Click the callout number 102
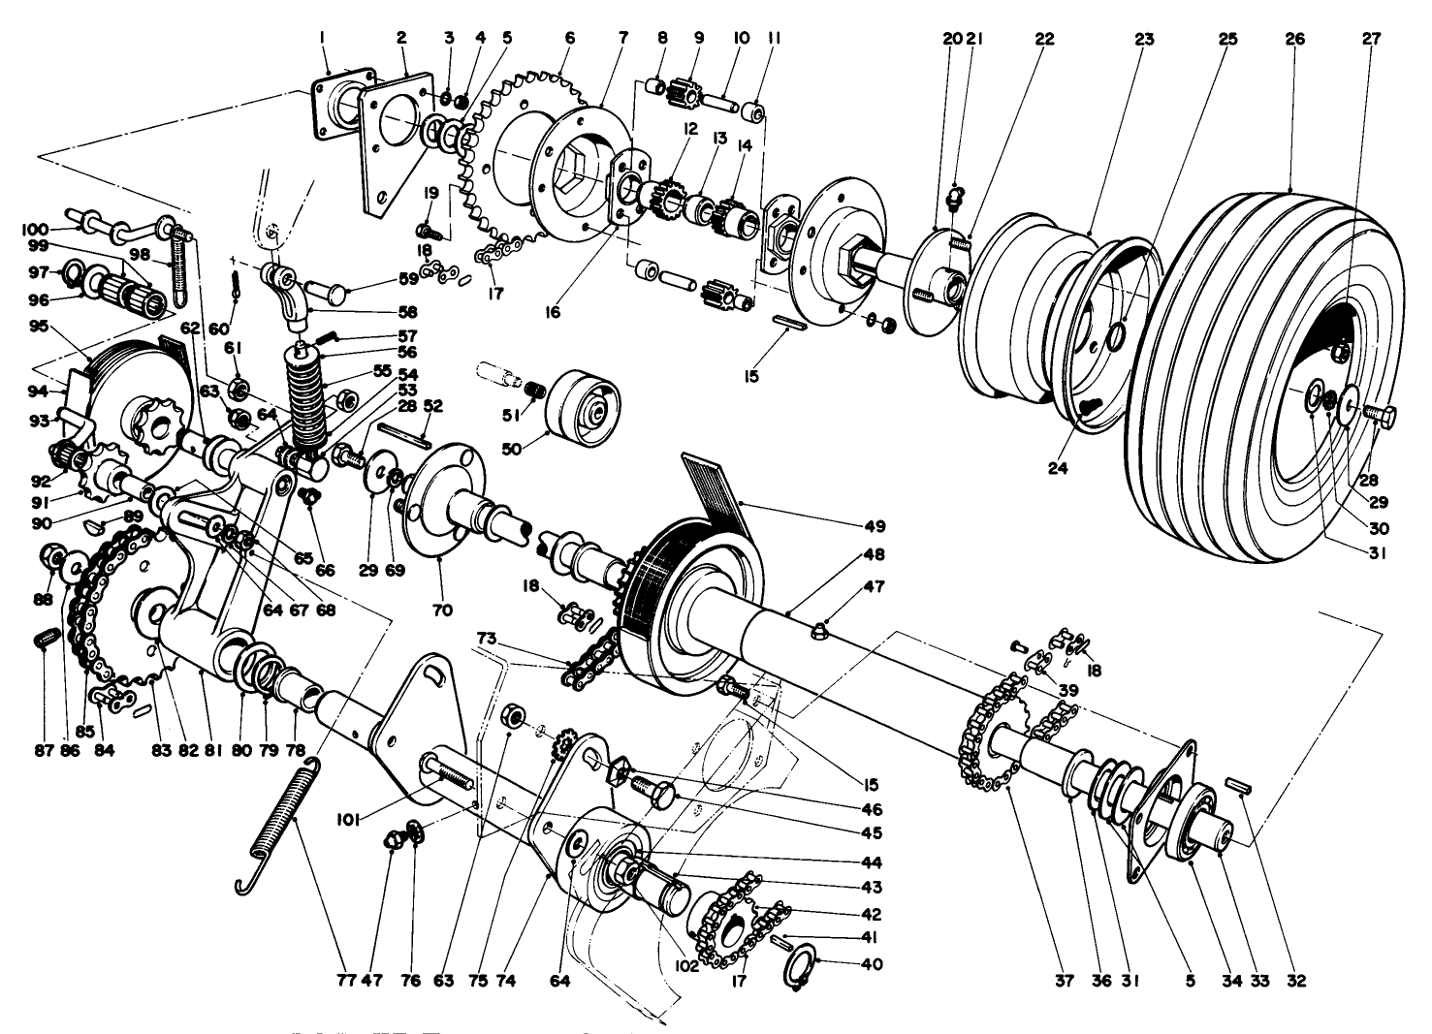pyautogui.click(x=687, y=966)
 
